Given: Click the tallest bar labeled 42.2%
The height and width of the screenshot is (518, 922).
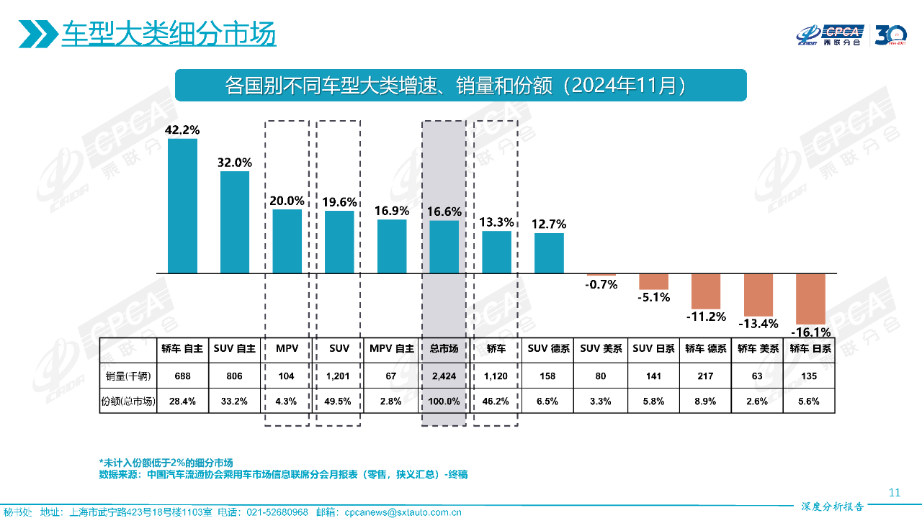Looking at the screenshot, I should click(182, 206).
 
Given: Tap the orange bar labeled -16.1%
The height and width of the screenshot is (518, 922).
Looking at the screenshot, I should click(810, 299).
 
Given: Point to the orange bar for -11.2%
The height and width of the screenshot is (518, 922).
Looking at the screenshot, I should click(706, 291).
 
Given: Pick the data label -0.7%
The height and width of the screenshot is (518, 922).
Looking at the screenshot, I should click(601, 284).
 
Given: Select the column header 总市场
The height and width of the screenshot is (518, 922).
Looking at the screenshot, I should click(444, 348).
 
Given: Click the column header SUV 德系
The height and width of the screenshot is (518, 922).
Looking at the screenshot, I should click(549, 348).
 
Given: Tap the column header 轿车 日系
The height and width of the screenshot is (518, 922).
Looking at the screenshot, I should click(810, 348).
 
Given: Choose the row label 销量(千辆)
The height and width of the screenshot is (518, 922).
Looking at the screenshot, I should click(127, 376).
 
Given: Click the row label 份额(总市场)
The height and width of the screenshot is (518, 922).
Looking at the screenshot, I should click(127, 401).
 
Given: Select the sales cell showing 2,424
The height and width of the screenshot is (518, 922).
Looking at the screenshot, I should click(444, 376).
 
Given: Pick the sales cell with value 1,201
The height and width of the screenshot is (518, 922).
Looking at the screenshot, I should click(339, 376).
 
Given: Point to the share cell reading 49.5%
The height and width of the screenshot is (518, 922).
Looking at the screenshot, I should click(339, 401).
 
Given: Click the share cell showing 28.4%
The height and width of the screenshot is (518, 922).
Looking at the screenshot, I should click(182, 401).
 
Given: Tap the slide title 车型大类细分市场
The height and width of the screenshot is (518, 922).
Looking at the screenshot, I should click(169, 34).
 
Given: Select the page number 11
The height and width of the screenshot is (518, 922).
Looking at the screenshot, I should click(895, 493).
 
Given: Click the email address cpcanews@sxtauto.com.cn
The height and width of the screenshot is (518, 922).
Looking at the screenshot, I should click(403, 512).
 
